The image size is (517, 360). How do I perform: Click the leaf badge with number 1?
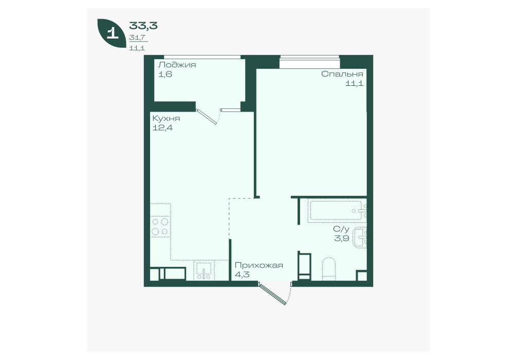[112, 34]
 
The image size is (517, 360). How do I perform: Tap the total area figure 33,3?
[143, 25]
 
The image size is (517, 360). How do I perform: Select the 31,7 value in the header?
[137, 38]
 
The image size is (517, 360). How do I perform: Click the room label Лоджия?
[177, 65]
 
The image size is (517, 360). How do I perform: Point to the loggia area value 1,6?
[165, 74]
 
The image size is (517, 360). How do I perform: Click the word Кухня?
[166, 118]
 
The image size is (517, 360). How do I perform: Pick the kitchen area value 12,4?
[162, 128]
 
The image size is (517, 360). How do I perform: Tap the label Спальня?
[342, 74]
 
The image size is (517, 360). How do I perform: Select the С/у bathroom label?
[341, 229]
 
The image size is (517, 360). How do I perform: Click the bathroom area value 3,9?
[342, 238]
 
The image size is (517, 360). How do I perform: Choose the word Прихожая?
[259, 265]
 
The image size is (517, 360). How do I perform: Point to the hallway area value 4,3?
[242, 275]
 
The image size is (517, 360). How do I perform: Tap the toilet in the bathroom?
[328, 269]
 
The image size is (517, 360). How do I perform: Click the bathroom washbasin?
[360, 238]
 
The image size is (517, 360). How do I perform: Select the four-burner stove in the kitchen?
[160, 226]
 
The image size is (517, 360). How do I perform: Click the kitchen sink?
[204, 271]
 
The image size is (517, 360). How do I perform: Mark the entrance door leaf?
[272, 293]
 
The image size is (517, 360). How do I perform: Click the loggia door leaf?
[207, 117]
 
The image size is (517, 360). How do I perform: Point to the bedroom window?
[309, 62]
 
